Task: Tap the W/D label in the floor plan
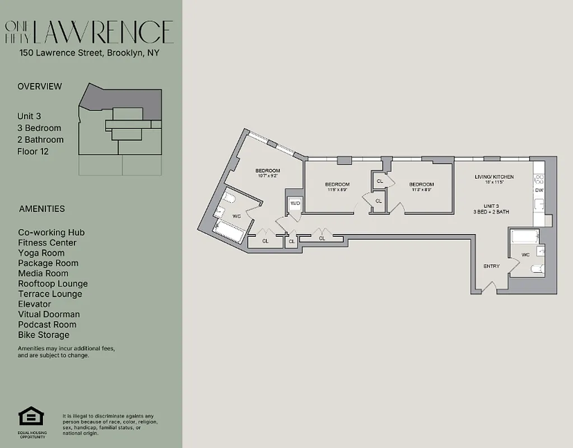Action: point(295,204)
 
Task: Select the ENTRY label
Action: point(491,266)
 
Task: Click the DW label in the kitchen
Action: point(539,190)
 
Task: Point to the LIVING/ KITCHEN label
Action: point(493,177)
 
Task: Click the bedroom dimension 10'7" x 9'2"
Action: point(267,176)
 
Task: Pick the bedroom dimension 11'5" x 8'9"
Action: point(337,190)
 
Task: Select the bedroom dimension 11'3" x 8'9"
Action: point(421,190)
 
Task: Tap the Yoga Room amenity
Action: point(41,253)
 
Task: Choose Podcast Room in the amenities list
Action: point(47,324)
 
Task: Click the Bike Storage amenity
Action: point(44,335)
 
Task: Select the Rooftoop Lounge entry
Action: point(53,284)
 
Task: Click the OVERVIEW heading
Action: point(40,86)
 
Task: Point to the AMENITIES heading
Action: point(42,209)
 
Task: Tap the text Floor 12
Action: point(33,151)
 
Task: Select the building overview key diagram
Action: point(120,128)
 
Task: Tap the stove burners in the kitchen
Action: point(539,179)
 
